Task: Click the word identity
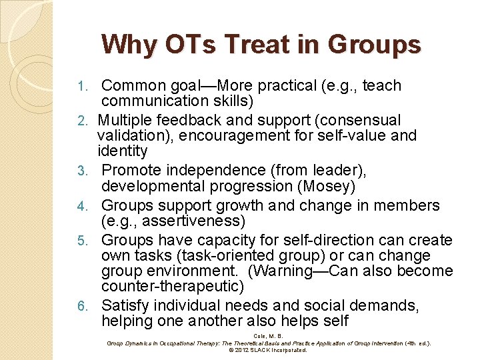click(x=122, y=151)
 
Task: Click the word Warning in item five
click(x=279, y=271)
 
